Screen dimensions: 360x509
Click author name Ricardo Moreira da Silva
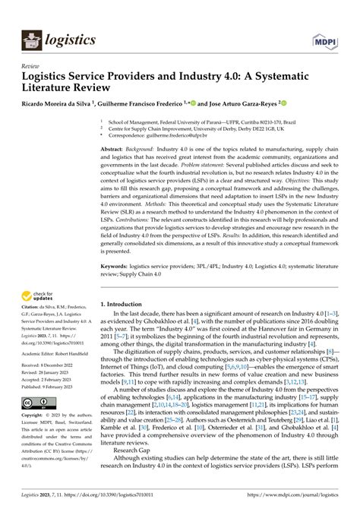[55, 103]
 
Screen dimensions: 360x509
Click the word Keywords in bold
[118, 267]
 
